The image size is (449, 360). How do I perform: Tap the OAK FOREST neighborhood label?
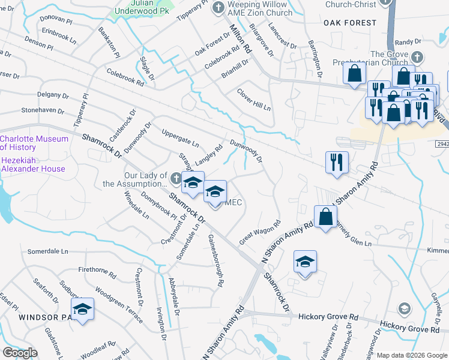(x=349, y=23)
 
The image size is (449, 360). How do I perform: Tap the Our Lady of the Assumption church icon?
(x=175, y=178)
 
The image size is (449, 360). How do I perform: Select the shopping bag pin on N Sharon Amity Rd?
(x=325, y=217)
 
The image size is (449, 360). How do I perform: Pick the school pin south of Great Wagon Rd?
(x=305, y=262)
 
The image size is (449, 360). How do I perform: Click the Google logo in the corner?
(x=20, y=353)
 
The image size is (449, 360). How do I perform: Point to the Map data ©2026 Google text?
(x=412, y=355)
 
